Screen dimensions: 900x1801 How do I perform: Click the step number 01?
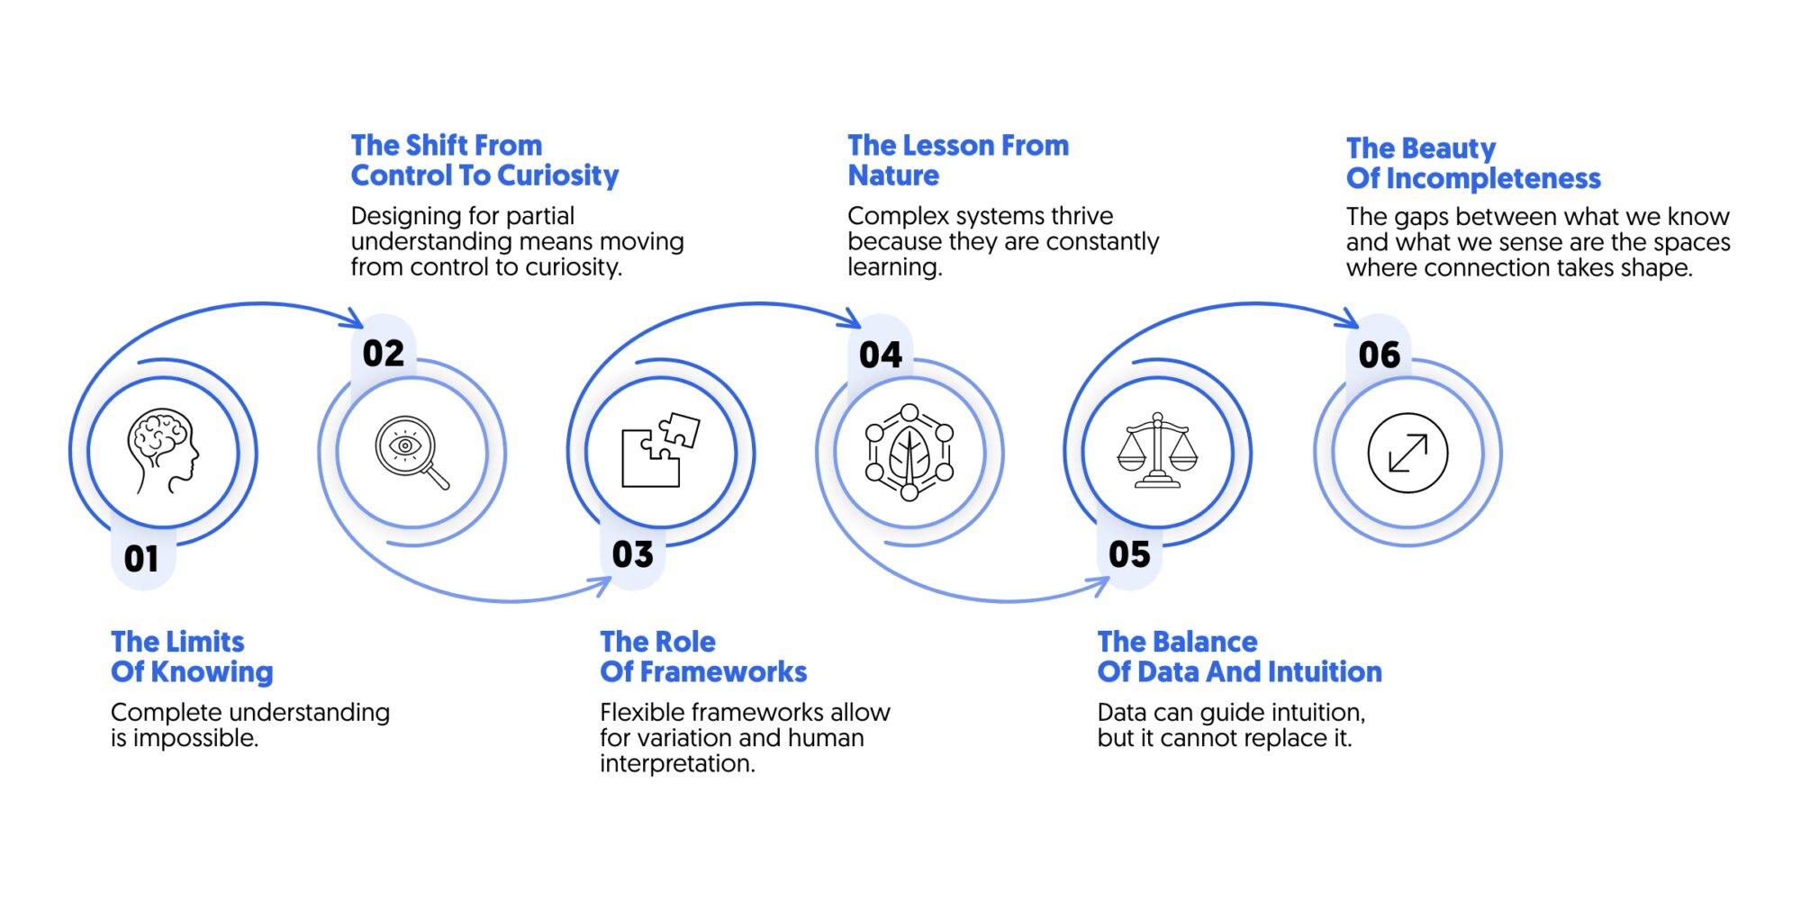(x=141, y=559)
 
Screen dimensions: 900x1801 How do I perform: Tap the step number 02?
(x=384, y=354)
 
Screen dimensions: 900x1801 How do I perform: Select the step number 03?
(x=633, y=554)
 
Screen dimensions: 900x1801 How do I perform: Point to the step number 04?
(x=881, y=355)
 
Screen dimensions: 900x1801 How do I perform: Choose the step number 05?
(x=1129, y=554)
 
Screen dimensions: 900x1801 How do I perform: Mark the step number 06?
(x=1380, y=355)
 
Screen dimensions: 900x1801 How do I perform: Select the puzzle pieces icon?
(x=661, y=450)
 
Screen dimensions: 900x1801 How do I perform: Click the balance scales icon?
(x=1158, y=451)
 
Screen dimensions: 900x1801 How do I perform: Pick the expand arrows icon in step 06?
(x=1407, y=453)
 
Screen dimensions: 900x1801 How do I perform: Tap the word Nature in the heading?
(x=893, y=175)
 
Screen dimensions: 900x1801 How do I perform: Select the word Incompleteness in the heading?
(x=1493, y=179)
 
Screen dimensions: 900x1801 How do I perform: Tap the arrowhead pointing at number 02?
(x=354, y=319)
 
